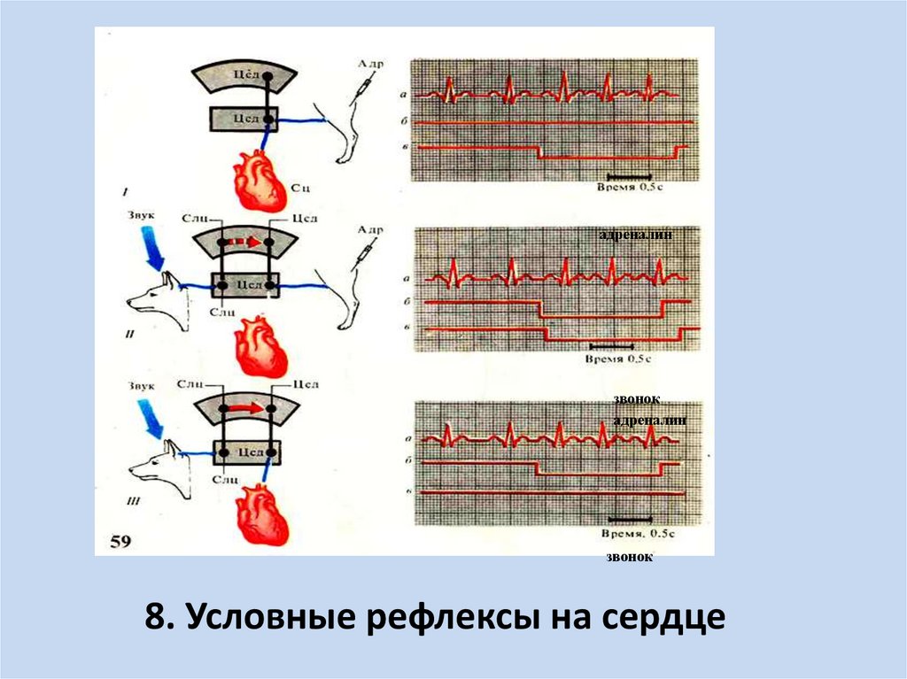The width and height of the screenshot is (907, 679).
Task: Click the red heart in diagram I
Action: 260,179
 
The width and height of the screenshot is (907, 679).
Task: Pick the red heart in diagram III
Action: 261,517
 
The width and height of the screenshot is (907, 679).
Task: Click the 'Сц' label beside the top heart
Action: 299,187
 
